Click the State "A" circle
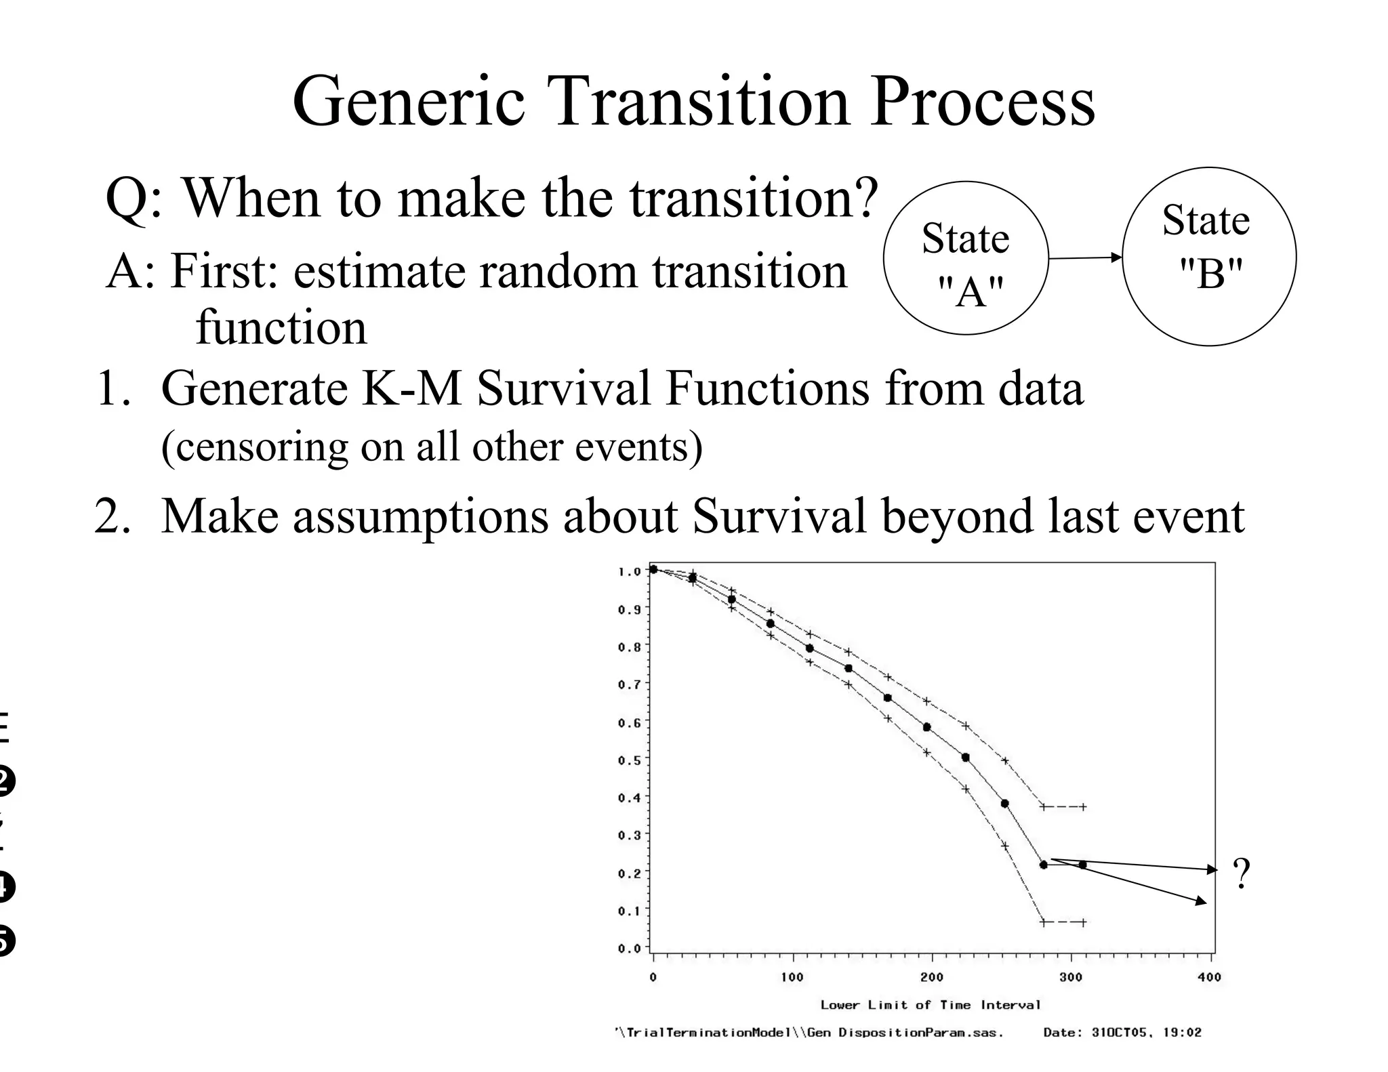point(965,258)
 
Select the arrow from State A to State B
point(1084,258)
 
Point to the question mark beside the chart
point(1241,874)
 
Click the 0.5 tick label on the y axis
point(628,760)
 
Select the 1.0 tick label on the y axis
point(628,571)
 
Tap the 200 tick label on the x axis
point(932,977)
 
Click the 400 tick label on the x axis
point(1209,977)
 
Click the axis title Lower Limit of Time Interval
point(930,1005)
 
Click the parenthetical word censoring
point(253,447)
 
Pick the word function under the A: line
point(281,327)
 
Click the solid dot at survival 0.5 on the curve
point(965,758)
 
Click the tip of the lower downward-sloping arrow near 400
point(1206,903)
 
